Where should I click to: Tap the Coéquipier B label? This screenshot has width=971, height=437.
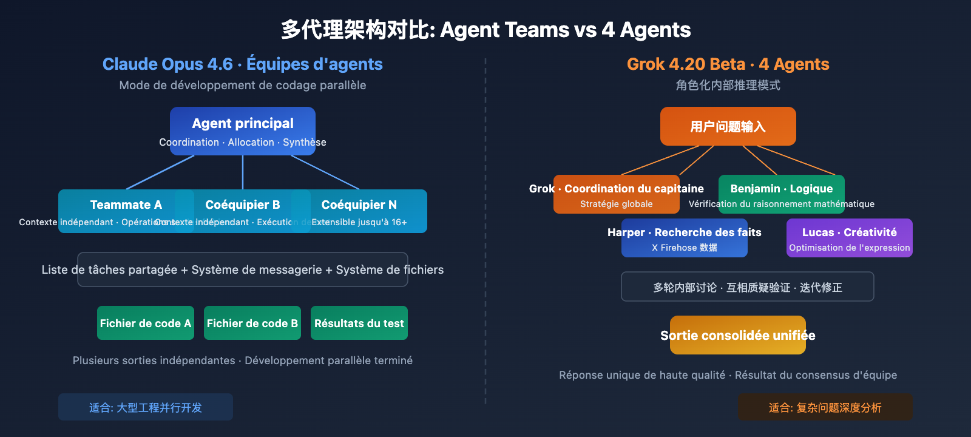[x=243, y=205]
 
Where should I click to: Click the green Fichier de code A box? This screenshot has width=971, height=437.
[x=146, y=323]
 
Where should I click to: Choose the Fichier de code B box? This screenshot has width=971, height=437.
[x=252, y=323]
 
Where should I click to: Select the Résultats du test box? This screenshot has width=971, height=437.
[x=359, y=323]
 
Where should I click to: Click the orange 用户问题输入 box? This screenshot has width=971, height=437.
[x=728, y=126]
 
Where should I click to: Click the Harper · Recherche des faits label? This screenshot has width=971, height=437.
[x=685, y=232]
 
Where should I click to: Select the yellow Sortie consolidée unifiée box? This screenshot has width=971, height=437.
[x=738, y=335]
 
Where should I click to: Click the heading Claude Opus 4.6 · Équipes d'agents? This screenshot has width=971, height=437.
[x=243, y=64]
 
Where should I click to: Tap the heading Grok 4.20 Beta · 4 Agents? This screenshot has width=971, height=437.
[x=728, y=64]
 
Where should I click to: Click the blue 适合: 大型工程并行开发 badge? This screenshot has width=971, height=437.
[x=146, y=407]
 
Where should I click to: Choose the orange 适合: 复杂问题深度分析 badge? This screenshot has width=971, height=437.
[x=825, y=407]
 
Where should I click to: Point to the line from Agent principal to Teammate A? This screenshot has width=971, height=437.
[x=161, y=172]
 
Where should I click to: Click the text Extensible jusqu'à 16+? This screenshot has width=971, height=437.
[x=359, y=222]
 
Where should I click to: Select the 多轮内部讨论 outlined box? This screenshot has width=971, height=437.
[x=748, y=286]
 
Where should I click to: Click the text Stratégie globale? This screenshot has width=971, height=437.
[x=617, y=204]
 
